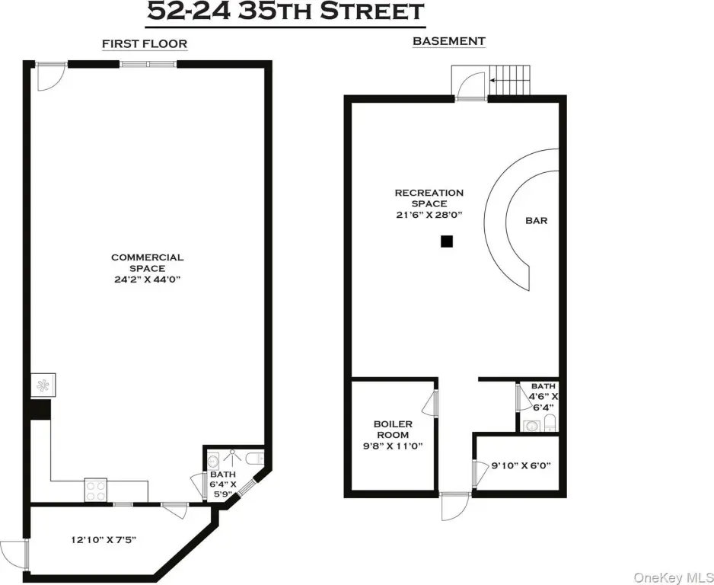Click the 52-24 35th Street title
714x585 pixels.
click(285, 12)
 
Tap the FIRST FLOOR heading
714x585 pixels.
click(145, 43)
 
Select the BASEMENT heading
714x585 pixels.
click(449, 41)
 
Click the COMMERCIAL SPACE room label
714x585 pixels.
click(147, 263)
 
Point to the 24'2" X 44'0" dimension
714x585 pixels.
click(148, 280)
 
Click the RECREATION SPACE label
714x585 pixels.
click(429, 198)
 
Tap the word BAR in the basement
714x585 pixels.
click(537, 220)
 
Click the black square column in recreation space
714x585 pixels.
click(447, 241)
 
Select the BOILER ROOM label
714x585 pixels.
click(393, 429)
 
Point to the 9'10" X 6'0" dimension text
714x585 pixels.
click(521, 465)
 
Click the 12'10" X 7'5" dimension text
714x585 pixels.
click(104, 540)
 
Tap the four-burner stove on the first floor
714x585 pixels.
click(96, 491)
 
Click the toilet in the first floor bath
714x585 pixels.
click(255, 458)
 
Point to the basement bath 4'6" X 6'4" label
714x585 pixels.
click(543, 396)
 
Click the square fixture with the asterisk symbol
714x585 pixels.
click(43, 385)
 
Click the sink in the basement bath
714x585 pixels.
click(531, 427)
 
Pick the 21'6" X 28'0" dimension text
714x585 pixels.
click(429, 215)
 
